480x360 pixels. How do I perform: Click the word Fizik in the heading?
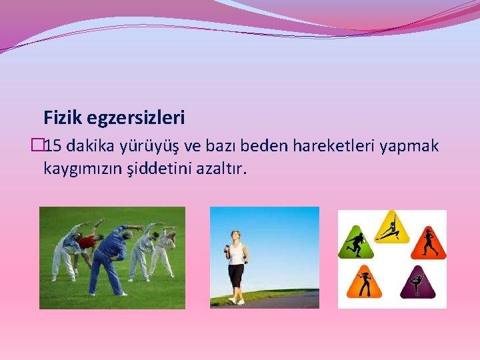pyautogui.click(x=62, y=119)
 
